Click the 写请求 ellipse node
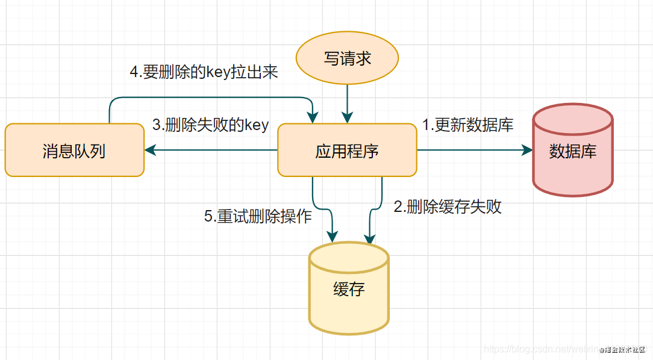pos(347,58)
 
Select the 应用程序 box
pos(347,151)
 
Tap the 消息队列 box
pos(74,151)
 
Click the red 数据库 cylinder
pos(572,151)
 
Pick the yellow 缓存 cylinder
pos(349,290)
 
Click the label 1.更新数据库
pos(467,125)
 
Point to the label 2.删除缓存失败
pos(448,207)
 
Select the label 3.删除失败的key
pos(210,125)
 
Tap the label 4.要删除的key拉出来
pos(204,72)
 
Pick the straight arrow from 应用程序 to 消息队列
pos(211,151)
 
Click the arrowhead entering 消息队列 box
pos(148,151)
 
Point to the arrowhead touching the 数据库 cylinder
pos(528,151)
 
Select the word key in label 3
pos(257,125)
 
